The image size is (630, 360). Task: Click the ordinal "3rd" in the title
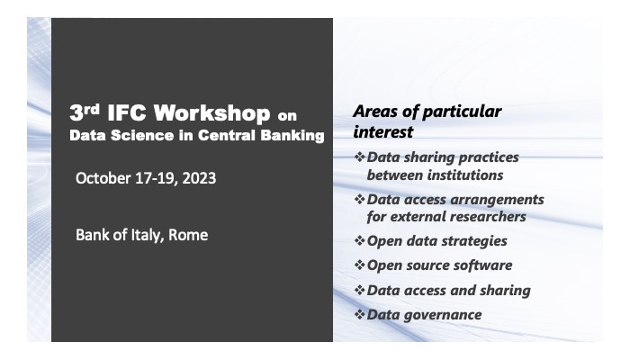tap(85, 114)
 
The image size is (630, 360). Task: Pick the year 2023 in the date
tap(197, 178)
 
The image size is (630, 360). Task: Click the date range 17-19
tap(155, 178)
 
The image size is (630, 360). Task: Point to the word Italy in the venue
tap(143, 235)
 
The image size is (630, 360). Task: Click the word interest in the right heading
tap(382, 132)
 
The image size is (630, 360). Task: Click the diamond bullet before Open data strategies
tap(359, 241)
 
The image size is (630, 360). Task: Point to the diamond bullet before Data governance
tap(359, 314)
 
